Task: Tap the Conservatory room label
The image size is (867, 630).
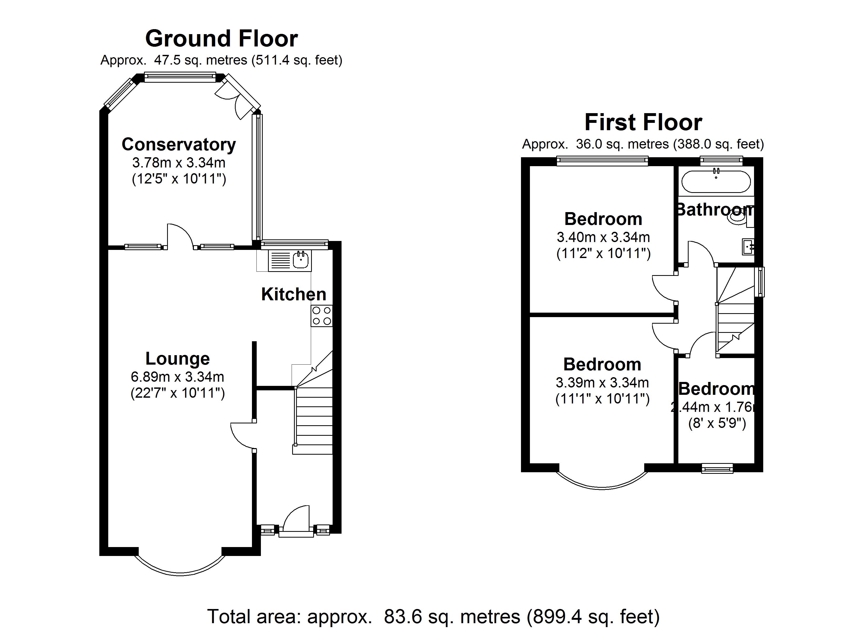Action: (x=178, y=144)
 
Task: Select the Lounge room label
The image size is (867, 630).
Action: (x=177, y=359)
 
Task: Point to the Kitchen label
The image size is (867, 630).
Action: (x=293, y=295)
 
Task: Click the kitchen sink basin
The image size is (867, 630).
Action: (x=301, y=261)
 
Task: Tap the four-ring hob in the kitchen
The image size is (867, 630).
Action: (x=322, y=316)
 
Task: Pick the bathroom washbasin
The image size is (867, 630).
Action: (x=748, y=247)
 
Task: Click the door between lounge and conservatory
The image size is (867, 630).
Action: (x=180, y=236)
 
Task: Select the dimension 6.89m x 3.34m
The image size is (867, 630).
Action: (x=177, y=377)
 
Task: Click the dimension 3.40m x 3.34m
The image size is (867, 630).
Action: (x=603, y=237)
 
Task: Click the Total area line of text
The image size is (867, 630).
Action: (x=434, y=616)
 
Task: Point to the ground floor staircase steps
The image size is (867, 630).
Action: (x=313, y=416)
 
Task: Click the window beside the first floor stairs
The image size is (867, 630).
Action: (x=761, y=282)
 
